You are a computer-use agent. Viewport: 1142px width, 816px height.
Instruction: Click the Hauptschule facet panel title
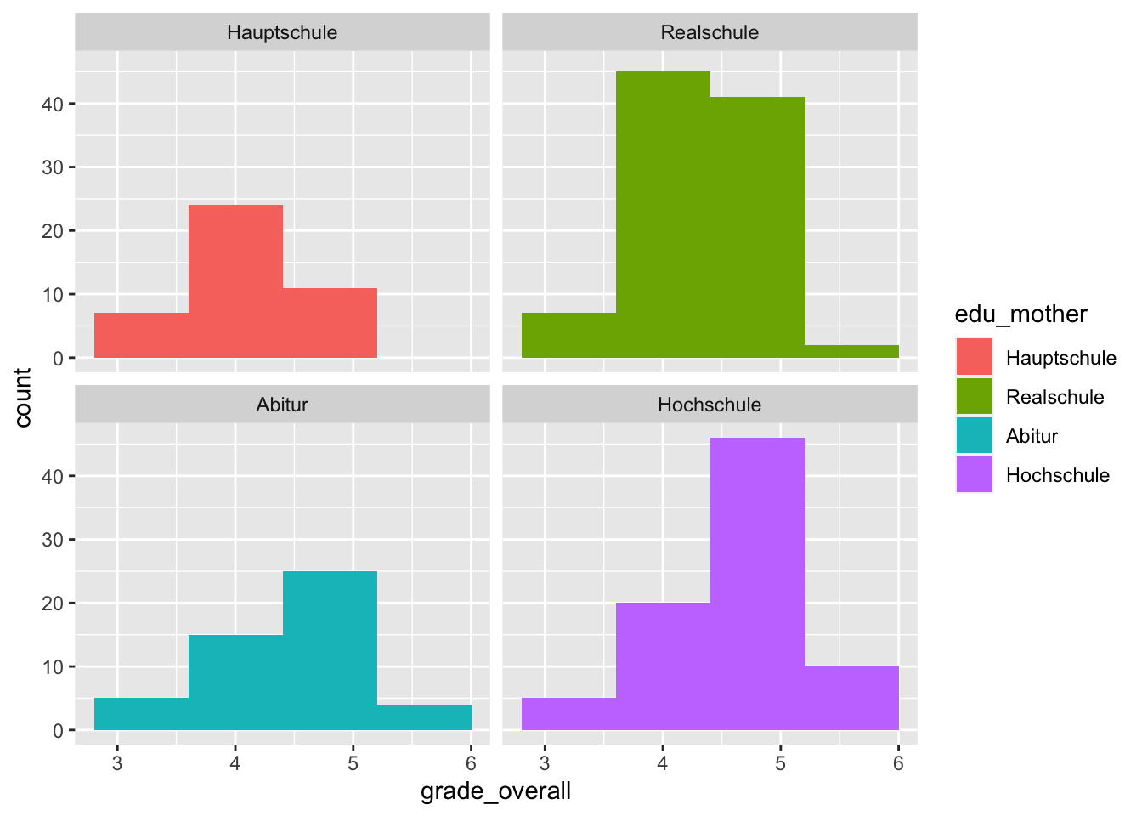click(x=282, y=33)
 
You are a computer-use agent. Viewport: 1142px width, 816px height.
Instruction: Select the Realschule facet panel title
click(x=710, y=33)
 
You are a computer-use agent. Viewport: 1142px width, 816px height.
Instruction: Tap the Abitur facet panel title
click(x=282, y=405)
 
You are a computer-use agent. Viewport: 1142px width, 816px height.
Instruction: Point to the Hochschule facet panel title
click(x=710, y=405)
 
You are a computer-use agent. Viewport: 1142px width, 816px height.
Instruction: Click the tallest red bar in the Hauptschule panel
click(x=235, y=280)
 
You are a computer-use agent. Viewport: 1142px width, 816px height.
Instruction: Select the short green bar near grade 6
click(x=851, y=351)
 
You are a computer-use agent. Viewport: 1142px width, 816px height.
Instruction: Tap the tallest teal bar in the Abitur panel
click(x=330, y=650)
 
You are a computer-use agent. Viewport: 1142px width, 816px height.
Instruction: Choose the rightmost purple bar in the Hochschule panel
click(x=851, y=698)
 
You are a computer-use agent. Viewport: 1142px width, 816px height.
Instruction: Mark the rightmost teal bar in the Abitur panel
click(x=424, y=717)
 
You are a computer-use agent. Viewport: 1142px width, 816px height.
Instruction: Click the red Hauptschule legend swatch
click(x=974, y=357)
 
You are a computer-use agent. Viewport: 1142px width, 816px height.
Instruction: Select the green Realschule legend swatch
click(x=974, y=396)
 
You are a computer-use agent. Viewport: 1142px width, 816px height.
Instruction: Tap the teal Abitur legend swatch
click(x=974, y=435)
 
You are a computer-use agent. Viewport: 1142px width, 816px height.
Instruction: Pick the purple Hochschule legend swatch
click(x=974, y=474)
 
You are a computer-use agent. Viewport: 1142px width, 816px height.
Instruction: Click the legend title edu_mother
click(x=1020, y=314)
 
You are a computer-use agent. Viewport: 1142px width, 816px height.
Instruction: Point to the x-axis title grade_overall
click(x=495, y=791)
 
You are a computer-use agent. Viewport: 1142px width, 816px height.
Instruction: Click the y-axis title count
click(x=23, y=397)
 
